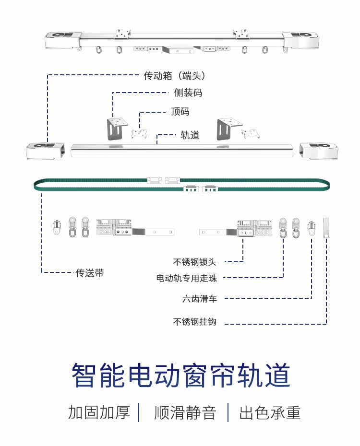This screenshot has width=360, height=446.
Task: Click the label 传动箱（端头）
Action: click(174, 76)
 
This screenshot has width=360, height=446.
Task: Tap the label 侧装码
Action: click(188, 93)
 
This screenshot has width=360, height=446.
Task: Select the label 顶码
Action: click(180, 111)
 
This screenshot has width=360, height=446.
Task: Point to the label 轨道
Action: click(190, 135)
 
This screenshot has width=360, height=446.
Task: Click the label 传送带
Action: click(90, 273)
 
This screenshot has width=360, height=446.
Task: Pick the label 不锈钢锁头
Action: click(195, 262)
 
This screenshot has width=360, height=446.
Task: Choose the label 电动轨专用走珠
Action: click(186, 278)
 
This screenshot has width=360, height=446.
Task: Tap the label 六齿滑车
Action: click(200, 299)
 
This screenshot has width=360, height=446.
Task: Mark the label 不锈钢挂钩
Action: click(195, 322)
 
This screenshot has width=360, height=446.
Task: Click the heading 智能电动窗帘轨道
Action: click(180, 375)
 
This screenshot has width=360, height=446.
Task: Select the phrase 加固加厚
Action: click(99, 412)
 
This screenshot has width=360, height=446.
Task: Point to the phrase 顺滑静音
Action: click(185, 412)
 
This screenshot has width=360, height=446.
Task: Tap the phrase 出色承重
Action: click(270, 412)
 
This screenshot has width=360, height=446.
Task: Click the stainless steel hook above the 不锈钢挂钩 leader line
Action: click(326, 228)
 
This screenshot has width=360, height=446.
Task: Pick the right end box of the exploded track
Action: click(319, 151)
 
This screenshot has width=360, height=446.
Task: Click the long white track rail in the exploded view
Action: click(182, 151)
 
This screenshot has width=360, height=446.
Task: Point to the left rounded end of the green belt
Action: click(35, 185)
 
